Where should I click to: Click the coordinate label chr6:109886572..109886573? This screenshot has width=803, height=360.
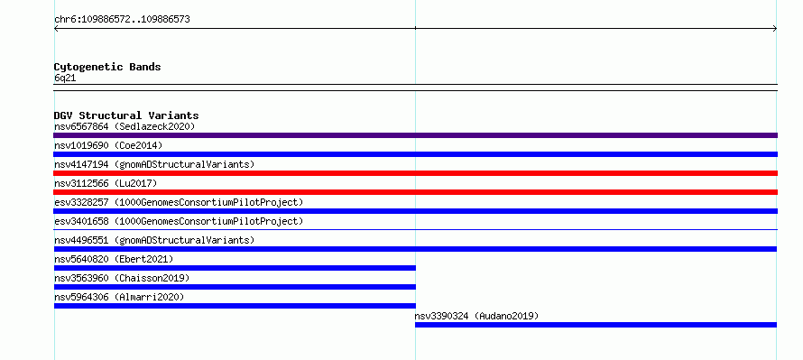click(x=122, y=20)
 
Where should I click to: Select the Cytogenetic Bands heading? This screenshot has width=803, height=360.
click(x=107, y=67)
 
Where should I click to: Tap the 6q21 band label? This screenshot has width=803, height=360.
click(x=65, y=78)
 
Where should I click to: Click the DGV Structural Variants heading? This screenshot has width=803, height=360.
click(x=126, y=115)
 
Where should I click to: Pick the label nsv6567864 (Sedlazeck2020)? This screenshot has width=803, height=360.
click(x=125, y=126)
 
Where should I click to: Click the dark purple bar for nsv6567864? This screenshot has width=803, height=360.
click(x=415, y=135)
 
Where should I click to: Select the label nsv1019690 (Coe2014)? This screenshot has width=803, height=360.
click(x=108, y=145)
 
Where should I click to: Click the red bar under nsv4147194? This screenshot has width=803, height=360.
click(x=415, y=173)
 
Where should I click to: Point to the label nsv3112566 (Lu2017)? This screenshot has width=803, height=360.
click(x=106, y=183)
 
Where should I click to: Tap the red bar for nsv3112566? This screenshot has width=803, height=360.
click(x=415, y=192)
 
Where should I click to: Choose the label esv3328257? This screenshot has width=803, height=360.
click(x=81, y=202)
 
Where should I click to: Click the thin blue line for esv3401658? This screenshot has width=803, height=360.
click(x=415, y=229)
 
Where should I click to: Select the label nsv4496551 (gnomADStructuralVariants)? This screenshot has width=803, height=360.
click(x=154, y=240)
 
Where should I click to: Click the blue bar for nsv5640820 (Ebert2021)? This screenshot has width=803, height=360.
click(x=235, y=268)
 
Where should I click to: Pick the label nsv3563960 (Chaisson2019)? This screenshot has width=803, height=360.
click(x=122, y=278)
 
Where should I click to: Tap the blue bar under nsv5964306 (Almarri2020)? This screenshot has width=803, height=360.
click(x=235, y=306)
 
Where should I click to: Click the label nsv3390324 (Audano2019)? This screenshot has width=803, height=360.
click(x=476, y=316)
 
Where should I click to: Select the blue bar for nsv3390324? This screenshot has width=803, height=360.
click(x=595, y=325)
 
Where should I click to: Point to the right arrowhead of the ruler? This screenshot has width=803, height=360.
click(x=776, y=29)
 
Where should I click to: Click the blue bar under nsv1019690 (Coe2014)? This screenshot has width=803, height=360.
click(x=415, y=154)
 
